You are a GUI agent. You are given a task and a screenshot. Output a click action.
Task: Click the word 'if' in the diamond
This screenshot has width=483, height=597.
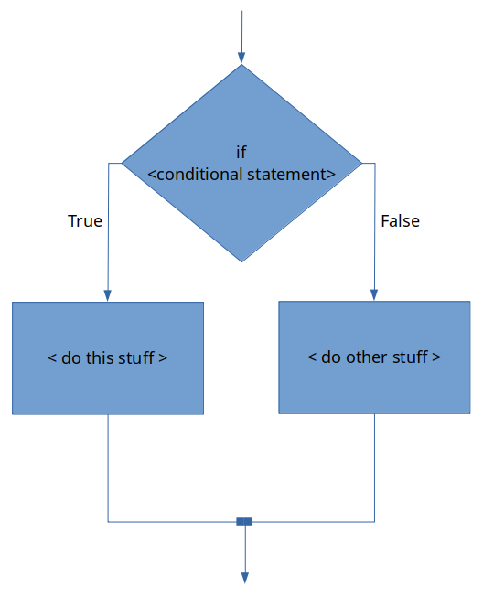point(241,152)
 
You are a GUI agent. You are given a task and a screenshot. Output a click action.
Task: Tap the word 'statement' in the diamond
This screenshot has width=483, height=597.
point(286,175)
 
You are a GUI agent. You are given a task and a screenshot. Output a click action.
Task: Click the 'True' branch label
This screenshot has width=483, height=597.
point(85,221)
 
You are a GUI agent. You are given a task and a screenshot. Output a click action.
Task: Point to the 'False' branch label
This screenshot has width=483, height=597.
point(400,221)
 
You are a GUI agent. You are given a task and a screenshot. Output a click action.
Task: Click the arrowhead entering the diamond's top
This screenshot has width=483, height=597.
point(241,59)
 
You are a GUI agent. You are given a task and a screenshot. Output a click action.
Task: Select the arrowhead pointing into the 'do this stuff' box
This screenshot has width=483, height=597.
point(107,296)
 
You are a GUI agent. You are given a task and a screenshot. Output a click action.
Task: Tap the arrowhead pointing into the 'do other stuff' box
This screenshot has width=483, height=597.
point(374,295)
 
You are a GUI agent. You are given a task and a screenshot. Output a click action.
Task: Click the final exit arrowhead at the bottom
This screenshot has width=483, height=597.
point(245,578)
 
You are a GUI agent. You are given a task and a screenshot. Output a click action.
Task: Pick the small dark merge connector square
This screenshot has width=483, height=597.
point(244,522)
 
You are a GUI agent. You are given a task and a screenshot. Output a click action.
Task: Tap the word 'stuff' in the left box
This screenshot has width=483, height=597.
point(136,357)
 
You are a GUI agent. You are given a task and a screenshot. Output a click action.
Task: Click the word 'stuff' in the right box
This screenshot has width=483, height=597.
point(410,357)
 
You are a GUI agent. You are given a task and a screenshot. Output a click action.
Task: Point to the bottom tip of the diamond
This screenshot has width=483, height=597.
point(241,262)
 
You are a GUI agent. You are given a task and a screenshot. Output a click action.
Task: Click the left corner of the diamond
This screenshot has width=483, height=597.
point(122,164)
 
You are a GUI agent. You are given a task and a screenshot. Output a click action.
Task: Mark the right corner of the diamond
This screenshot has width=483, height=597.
point(361,164)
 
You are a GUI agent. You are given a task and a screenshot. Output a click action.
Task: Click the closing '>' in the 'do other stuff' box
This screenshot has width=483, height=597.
point(436,357)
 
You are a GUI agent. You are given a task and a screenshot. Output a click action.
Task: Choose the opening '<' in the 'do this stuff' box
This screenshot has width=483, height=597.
point(52,357)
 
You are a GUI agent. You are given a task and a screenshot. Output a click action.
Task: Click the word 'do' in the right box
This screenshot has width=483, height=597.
point(330,357)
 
